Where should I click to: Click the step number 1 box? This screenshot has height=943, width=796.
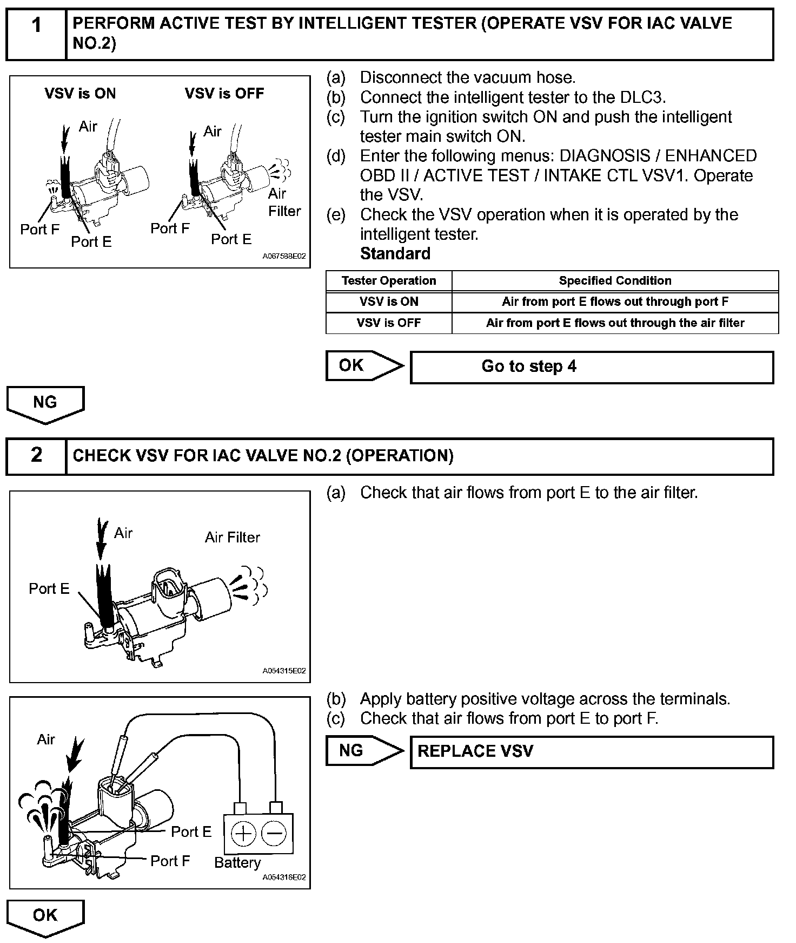(36, 34)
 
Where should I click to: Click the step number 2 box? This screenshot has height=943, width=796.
(36, 456)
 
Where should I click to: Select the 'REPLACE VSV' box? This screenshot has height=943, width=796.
(592, 751)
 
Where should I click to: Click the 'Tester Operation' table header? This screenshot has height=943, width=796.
(388, 281)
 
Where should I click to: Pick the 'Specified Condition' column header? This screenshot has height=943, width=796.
(615, 281)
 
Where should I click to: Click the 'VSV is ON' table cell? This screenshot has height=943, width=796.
(388, 302)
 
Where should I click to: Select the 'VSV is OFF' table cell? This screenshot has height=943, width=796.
(388, 323)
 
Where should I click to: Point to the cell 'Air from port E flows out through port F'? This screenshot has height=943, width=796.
(615, 302)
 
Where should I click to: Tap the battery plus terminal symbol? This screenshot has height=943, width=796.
(243, 833)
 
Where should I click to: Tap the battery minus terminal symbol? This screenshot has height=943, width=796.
(274, 833)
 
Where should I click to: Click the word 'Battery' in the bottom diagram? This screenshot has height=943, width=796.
(237, 862)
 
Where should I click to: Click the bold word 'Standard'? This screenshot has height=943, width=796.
(395, 253)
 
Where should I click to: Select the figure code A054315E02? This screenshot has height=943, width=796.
(284, 671)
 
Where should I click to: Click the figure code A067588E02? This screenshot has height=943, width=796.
(284, 256)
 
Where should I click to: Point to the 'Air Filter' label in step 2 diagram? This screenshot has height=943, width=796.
(233, 537)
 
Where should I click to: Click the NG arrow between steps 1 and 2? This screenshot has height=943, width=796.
(45, 404)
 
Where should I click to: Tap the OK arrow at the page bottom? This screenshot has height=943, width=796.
(45, 917)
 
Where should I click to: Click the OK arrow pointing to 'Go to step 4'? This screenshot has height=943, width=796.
(363, 366)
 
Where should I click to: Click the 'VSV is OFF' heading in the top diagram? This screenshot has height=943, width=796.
(224, 94)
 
